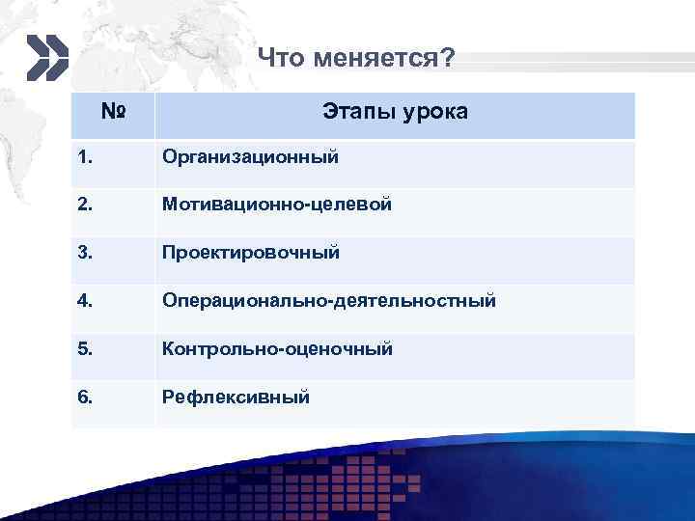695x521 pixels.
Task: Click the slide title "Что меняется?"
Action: click(356, 60)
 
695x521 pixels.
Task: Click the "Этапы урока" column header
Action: click(396, 113)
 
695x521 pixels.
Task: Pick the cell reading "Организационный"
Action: click(250, 156)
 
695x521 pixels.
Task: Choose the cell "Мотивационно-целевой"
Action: click(277, 205)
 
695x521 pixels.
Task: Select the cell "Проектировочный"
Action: click(251, 253)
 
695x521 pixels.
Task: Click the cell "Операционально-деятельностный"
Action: click(329, 301)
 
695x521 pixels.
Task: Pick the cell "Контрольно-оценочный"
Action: click(277, 348)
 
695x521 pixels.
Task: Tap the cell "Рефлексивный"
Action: click(236, 396)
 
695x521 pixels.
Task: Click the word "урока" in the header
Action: click(435, 113)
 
